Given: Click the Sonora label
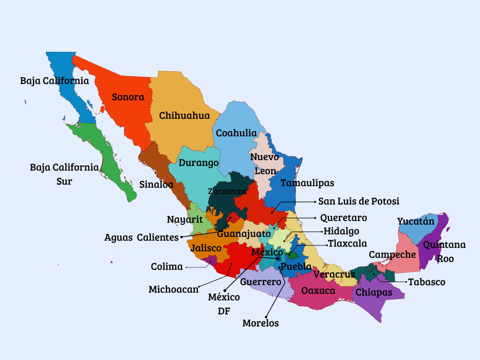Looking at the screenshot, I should click(128, 97).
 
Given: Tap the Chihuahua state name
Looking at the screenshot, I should click(184, 116).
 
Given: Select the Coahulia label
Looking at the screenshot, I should click(236, 133).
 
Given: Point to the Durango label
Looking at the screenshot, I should click(199, 163).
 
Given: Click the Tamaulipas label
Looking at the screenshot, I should click(307, 183).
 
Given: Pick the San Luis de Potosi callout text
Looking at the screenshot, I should click(359, 201).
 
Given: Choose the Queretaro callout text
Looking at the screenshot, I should click(343, 218).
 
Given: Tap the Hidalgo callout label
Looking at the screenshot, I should click(341, 231).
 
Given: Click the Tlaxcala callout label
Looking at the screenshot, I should click(347, 244).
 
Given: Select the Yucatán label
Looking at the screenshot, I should click(416, 221).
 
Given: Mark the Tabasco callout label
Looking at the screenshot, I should click(427, 282).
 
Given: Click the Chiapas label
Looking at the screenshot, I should click(374, 292).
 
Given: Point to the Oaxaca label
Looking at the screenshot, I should click(318, 291).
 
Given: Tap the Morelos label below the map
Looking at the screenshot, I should click(261, 323).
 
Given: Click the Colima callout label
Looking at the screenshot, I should click(167, 267).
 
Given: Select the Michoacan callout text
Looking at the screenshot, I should click(173, 289).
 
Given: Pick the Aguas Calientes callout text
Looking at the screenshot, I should click(141, 237).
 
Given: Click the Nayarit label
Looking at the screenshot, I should click(185, 219).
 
